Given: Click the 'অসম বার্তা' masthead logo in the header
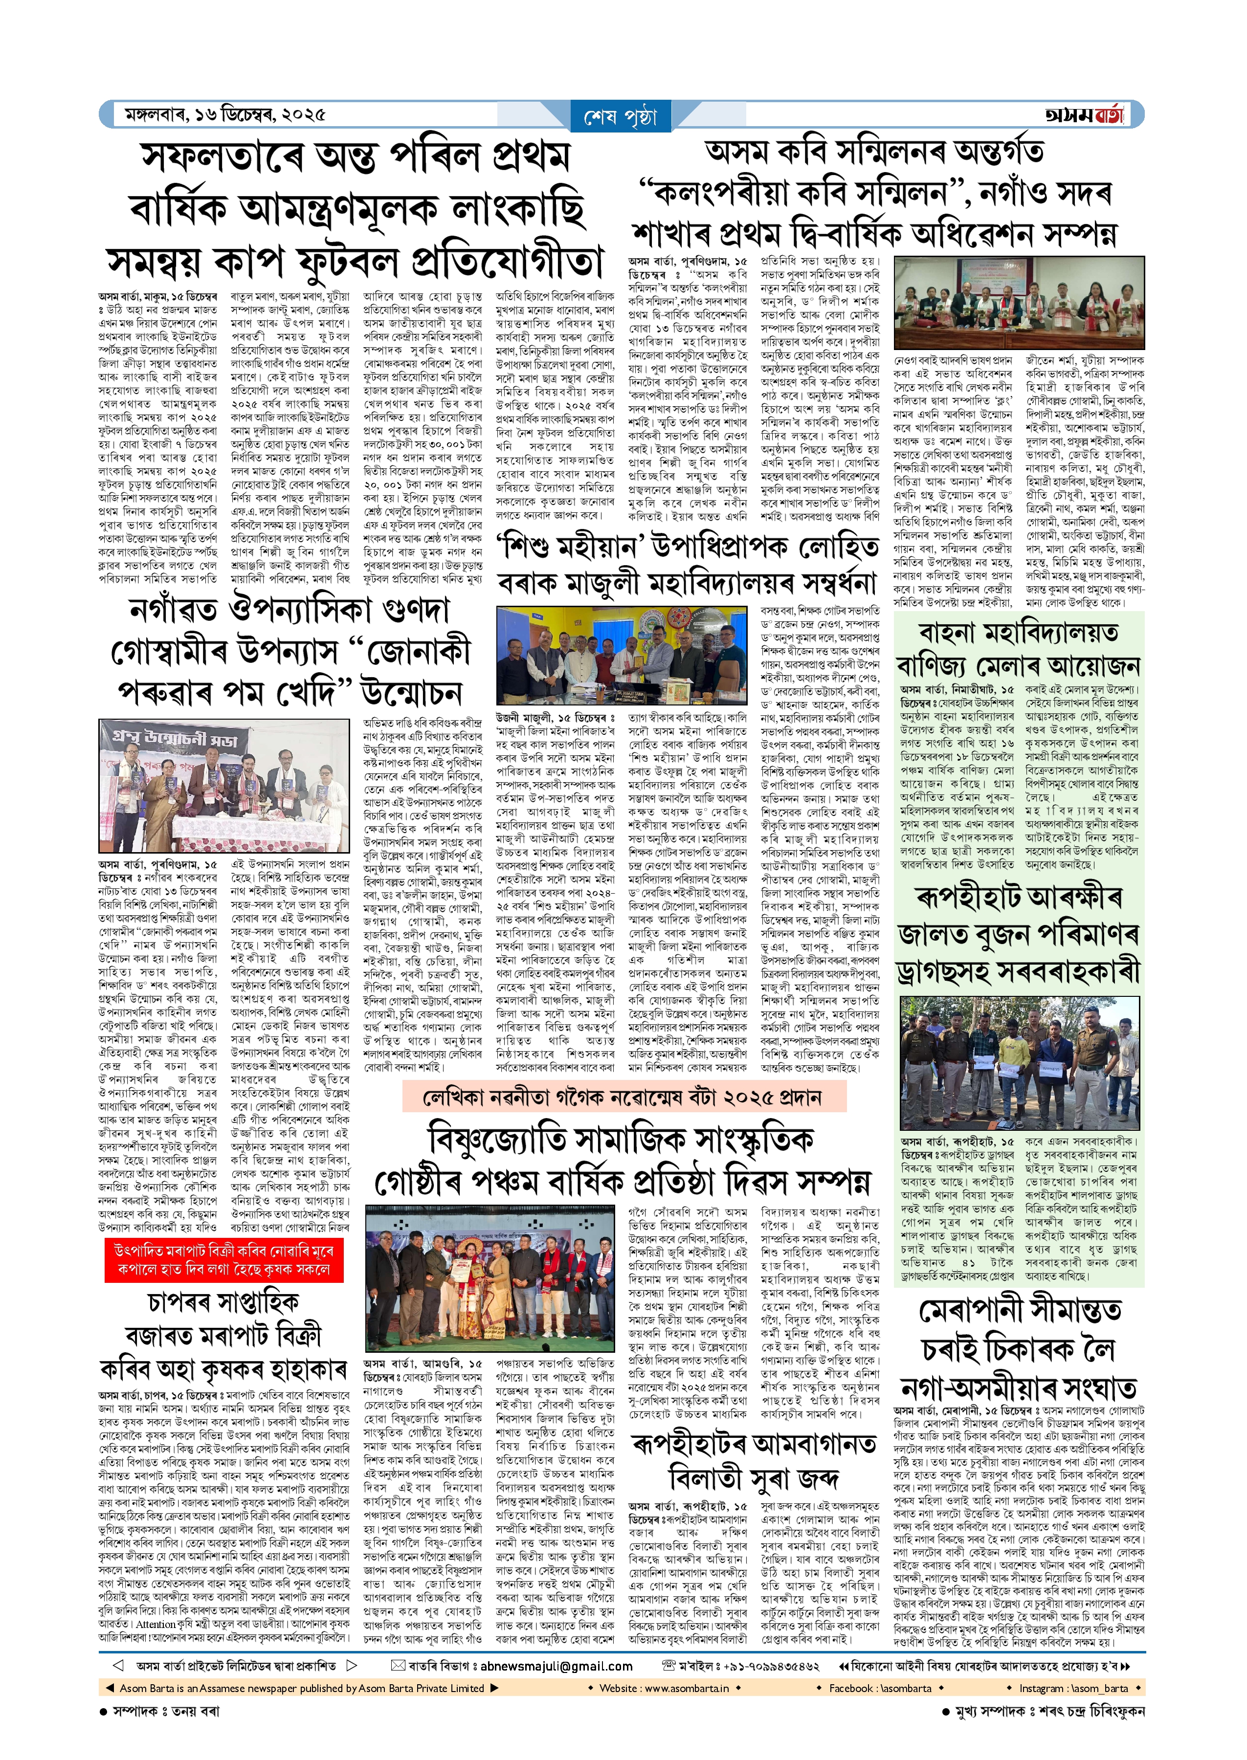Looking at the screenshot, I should click(1083, 115).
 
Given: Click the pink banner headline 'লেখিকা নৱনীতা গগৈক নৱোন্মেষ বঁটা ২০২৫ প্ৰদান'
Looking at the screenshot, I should click(623, 1097).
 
